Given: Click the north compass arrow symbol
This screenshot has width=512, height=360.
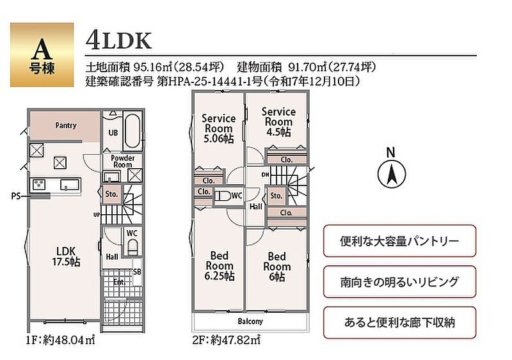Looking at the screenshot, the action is tap(392, 174).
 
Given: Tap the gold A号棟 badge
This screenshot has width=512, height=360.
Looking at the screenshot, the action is tap(42, 55).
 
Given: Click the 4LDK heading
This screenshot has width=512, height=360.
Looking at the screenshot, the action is tap(118, 40).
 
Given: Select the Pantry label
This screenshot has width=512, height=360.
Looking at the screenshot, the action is tap(66, 125).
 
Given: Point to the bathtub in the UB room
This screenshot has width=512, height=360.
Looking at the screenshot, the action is tap(132, 130).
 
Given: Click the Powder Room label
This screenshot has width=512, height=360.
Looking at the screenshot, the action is tap(122, 161).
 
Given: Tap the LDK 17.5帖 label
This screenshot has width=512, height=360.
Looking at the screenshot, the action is tap(67, 256).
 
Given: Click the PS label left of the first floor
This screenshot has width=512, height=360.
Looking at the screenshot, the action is tap(15, 196).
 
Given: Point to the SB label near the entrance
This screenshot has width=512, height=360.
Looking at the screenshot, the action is tap(137, 272).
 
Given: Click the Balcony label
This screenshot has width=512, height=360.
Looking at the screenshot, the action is tap(250, 322).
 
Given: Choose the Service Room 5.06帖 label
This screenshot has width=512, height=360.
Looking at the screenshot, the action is tap(218, 129).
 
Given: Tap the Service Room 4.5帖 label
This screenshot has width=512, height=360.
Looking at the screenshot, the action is tap(278, 121).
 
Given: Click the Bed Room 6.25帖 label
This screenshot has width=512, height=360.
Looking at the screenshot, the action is tap(220, 265).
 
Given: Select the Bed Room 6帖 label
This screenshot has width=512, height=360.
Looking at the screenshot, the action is tap(277, 267).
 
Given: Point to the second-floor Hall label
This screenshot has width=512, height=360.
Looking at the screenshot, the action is tap(255, 207).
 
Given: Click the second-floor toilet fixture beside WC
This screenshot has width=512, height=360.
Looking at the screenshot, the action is tap(223, 196).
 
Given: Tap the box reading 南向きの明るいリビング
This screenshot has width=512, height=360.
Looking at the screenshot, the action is tap(399, 281).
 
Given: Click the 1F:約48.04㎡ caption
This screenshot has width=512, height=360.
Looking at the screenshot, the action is tap(61, 340).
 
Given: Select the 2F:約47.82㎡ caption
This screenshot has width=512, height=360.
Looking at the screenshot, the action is tap(227, 340).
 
